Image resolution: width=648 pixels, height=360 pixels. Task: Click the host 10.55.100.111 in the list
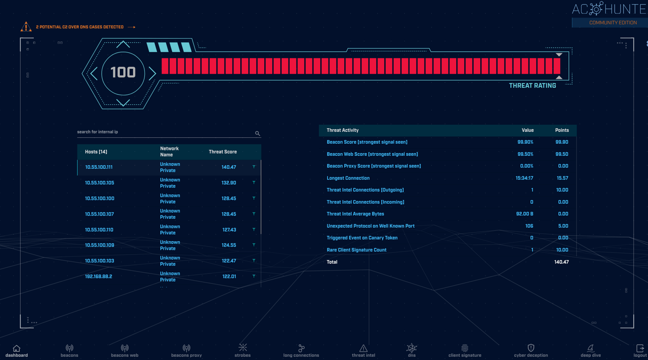tap(99, 167)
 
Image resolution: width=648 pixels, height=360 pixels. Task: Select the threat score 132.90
tap(229, 183)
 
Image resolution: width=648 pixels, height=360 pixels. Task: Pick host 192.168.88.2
tap(99, 276)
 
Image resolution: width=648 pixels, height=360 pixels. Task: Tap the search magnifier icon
tap(257, 133)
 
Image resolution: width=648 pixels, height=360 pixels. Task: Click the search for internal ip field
tap(162, 132)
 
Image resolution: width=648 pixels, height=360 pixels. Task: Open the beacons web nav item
tap(125, 351)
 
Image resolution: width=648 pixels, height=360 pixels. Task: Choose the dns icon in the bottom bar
tap(412, 348)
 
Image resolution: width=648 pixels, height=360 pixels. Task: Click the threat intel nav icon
tap(363, 348)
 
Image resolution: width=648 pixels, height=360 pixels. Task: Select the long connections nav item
tap(301, 351)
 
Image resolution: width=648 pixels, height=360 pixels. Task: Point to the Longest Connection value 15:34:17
tap(524, 178)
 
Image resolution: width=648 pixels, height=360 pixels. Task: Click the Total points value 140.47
tap(561, 262)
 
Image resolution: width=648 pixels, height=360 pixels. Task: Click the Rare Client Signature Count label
tap(356, 250)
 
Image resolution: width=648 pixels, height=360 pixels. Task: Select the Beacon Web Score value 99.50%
tap(525, 154)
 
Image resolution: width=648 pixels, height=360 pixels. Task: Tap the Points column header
tap(562, 130)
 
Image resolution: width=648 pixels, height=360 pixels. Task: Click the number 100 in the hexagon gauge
tap(123, 72)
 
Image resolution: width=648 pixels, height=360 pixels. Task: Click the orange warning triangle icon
tap(26, 27)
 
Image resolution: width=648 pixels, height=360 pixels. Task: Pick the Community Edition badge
tap(613, 22)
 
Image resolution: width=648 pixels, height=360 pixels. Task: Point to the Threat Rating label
tap(532, 85)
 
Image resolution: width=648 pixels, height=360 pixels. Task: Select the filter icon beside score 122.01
tap(254, 276)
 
